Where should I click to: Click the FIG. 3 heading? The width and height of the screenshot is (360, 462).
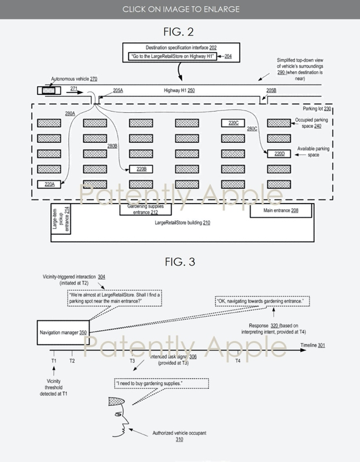pyautogui.click(x=180, y=261)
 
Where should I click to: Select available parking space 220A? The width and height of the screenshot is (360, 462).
pyautogui.click(x=49, y=184)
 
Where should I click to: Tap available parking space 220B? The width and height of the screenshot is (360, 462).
pyautogui.click(x=141, y=169)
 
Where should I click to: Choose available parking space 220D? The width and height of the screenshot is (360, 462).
pyautogui.click(x=278, y=154)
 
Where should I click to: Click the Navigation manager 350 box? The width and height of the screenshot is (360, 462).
pyautogui.click(x=63, y=332)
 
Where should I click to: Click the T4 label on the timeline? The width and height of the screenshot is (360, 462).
pyautogui.click(x=237, y=360)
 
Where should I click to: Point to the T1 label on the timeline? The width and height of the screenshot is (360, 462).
pyautogui.click(x=53, y=360)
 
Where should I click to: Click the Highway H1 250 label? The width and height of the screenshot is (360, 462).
pyautogui.click(x=179, y=91)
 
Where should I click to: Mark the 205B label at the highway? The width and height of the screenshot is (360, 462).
pyautogui.click(x=271, y=91)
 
